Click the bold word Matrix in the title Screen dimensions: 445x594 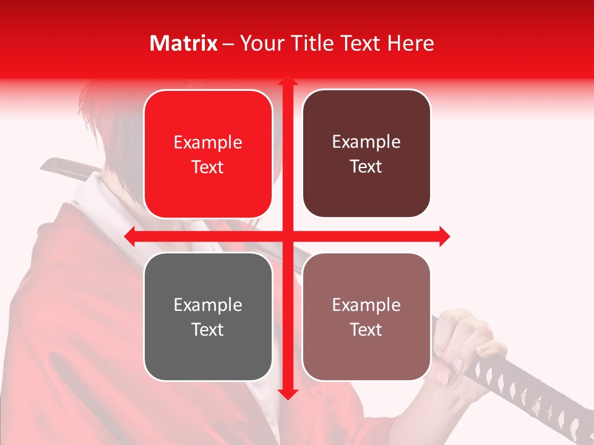[x=184, y=43]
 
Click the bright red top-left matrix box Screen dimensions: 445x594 [x=208, y=154]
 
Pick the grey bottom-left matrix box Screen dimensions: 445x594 [x=208, y=316]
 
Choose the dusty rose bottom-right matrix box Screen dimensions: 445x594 [x=366, y=316]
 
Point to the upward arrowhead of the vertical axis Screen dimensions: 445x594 [x=287, y=80]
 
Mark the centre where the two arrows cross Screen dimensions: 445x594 [x=287, y=236]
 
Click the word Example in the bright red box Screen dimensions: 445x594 [x=208, y=143]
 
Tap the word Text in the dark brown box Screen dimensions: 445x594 [x=366, y=167]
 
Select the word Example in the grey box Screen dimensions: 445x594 [x=208, y=305]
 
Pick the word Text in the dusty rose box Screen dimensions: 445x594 [x=366, y=330]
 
